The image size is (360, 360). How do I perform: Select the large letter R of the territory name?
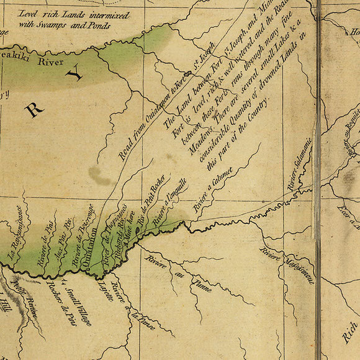pos(34,110)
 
